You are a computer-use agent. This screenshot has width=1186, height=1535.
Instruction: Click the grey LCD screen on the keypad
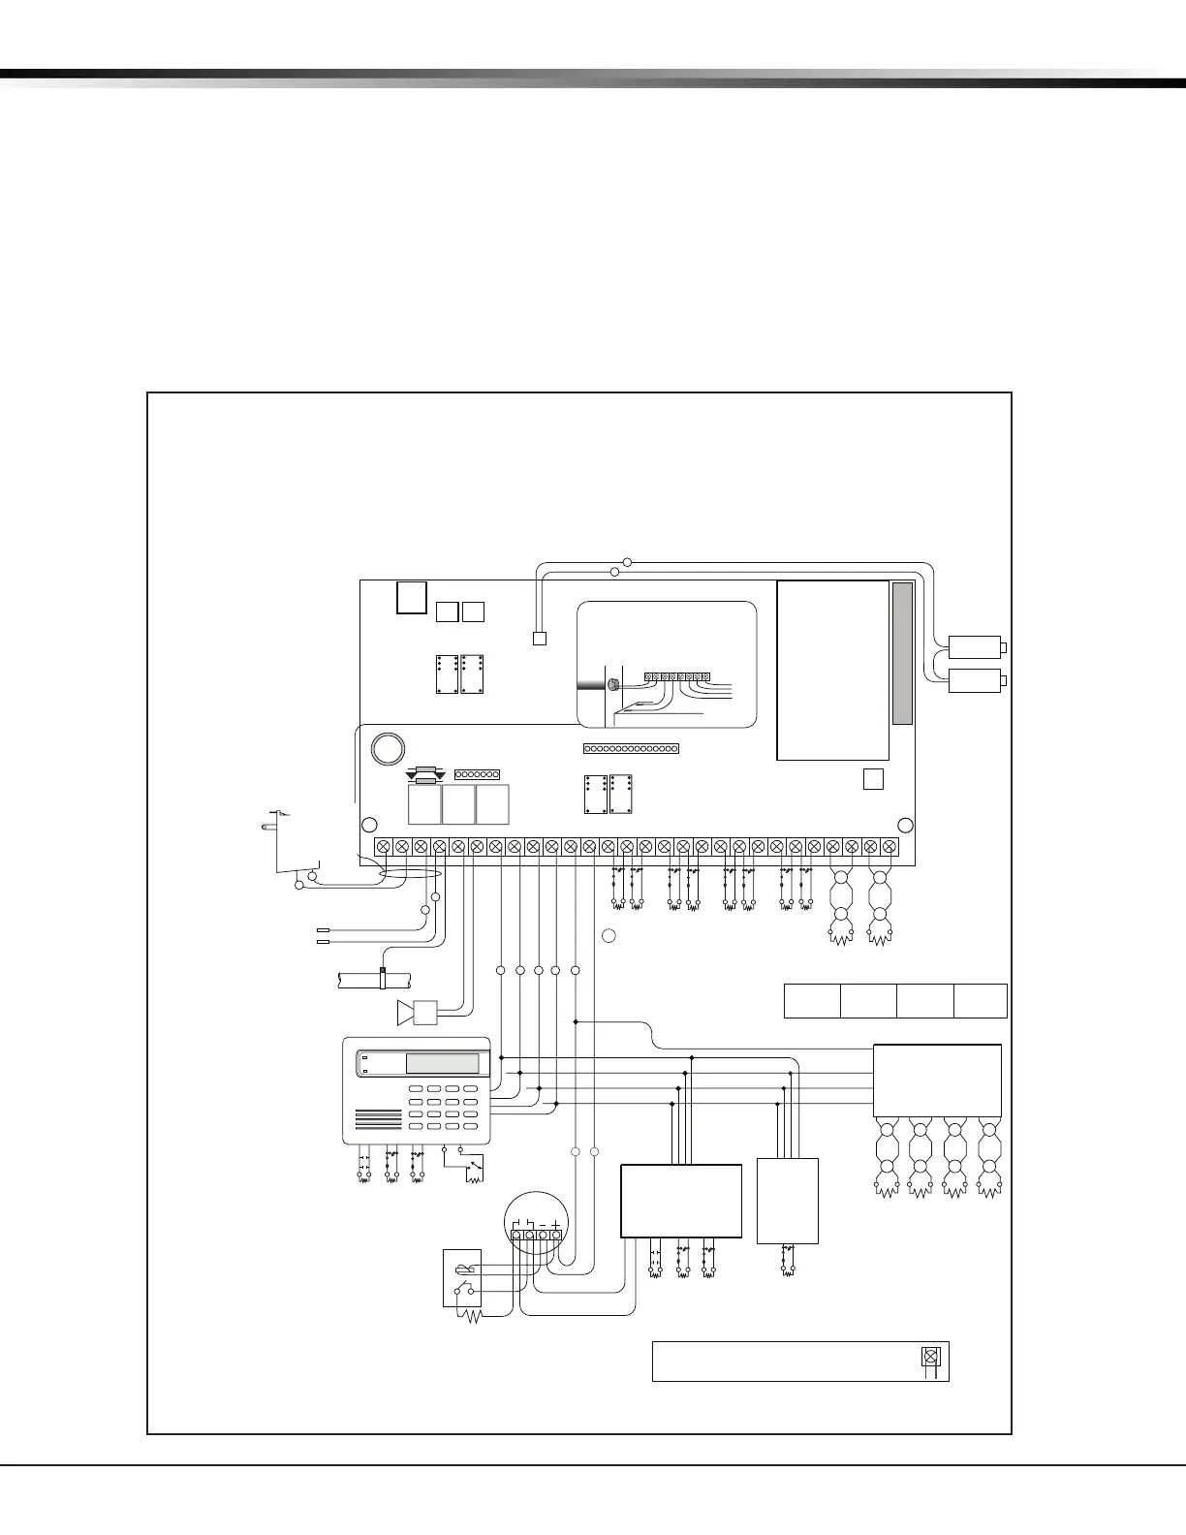pos(442,1063)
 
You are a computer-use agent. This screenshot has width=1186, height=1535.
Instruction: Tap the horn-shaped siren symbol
pos(406,1013)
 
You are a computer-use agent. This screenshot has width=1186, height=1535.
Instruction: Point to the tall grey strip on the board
pos(902,653)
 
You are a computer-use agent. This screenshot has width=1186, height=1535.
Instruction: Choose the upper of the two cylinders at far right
pos(975,646)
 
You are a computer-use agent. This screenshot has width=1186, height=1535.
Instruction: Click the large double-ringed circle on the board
pos(387,747)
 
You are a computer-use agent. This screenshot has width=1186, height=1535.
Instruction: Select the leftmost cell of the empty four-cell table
pos(812,1001)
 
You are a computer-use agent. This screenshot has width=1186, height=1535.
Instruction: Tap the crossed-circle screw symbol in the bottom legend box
pos(930,1357)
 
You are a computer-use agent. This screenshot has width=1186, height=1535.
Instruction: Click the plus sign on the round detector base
pos(555,1224)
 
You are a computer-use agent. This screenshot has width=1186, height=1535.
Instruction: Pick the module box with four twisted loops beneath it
pos(937,1081)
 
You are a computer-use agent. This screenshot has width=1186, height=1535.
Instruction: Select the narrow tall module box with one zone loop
pos(788,1201)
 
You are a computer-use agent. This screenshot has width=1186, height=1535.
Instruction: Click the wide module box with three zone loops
pos(681,1201)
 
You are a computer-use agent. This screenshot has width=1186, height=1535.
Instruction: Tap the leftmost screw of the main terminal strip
pos(383,846)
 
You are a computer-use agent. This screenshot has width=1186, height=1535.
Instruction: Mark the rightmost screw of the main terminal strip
pos(889,846)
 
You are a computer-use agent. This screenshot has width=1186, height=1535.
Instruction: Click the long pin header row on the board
pos(631,748)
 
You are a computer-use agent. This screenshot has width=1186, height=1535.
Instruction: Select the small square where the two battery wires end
pos(540,639)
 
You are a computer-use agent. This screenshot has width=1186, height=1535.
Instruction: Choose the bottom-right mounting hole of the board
pos(906,825)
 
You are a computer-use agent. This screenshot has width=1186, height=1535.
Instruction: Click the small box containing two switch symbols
pos(462,1278)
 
